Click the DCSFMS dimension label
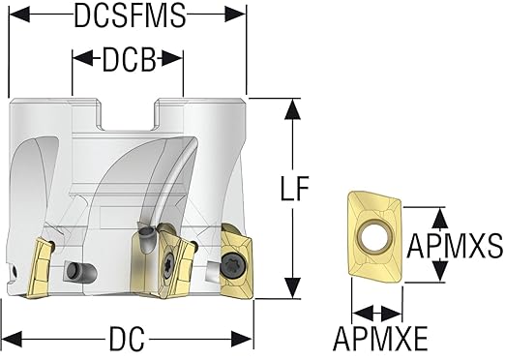(x=130, y=15)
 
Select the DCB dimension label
(x=129, y=60)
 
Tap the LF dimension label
(x=295, y=189)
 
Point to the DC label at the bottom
(x=127, y=339)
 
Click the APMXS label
(x=455, y=246)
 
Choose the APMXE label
(x=380, y=339)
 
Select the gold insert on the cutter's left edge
(x=40, y=268)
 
